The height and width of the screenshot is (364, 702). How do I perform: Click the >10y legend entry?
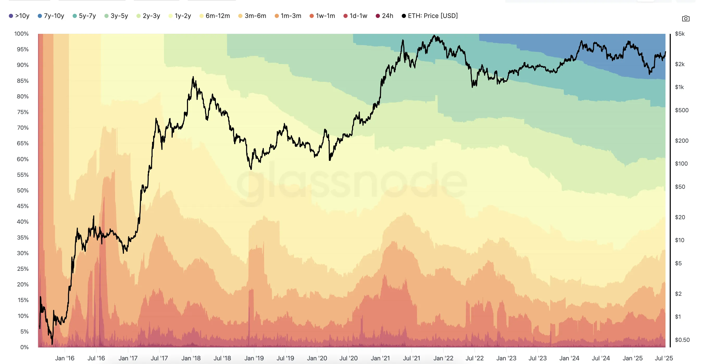point(19,16)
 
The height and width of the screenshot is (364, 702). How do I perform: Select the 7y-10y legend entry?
point(51,16)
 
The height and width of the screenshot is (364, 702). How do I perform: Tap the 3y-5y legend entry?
point(116,16)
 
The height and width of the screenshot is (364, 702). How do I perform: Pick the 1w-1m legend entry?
point(322,16)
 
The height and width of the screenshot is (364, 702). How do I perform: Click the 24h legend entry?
point(385,16)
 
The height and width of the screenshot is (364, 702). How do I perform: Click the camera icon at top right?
point(686,18)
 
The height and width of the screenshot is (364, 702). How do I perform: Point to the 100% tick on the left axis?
point(22,34)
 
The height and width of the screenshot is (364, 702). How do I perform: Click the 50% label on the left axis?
point(23,190)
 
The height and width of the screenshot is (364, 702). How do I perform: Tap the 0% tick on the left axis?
point(24,347)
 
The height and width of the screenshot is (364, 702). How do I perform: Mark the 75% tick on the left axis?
point(23,112)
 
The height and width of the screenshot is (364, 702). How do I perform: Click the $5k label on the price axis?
point(680,34)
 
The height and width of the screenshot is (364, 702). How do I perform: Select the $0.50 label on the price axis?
point(682,340)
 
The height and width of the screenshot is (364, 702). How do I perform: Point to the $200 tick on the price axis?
point(682,141)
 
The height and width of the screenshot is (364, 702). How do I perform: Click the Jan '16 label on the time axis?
point(65,358)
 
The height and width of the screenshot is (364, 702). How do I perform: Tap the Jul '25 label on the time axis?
point(663,358)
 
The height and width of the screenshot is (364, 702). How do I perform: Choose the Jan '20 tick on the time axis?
point(317,358)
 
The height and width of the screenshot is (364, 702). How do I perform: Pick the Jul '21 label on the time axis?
point(411,358)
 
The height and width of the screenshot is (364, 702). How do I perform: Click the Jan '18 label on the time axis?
point(191,358)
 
